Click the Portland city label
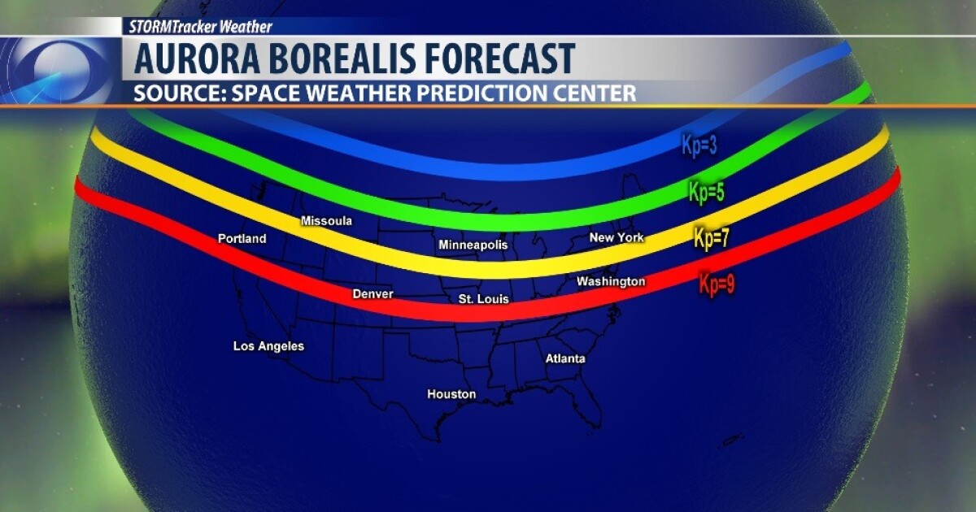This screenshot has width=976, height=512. (242, 239)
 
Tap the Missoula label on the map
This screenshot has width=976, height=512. (326, 221)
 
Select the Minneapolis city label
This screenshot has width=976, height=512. (473, 245)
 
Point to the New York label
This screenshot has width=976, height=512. (617, 237)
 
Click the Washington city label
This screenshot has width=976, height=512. (611, 281)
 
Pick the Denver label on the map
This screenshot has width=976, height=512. (373, 294)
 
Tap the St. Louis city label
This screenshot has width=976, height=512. (483, 299)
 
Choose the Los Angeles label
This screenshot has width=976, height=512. (268, 346)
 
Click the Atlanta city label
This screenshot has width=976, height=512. (565, 358)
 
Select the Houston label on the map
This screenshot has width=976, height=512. (451, 394)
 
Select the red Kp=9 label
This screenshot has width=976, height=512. (717, 285)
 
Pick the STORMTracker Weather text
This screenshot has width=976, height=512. (200, 26)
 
